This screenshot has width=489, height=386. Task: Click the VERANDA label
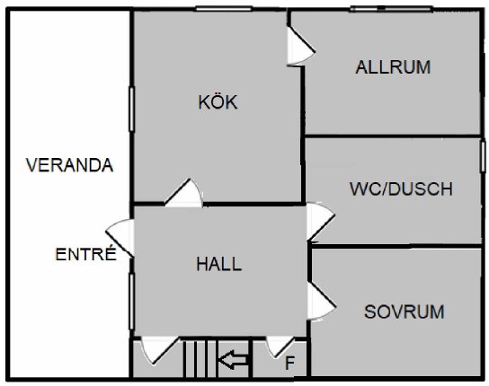[x=69, y=165]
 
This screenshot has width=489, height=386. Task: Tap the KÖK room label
[x=218, y=101]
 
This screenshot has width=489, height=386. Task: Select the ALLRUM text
[x=393, y=67]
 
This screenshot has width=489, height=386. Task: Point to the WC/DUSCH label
[x=401, y=189]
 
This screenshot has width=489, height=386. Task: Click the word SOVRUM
[x=405, y=311]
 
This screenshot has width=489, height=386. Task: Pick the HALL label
[x=219, y=264]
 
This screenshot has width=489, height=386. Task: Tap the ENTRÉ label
[x=85, y=254]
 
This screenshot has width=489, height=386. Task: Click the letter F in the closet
[x=289, y=363]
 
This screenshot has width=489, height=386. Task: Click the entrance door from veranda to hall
[x=121, y=238]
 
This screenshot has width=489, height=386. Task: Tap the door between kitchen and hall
[x=184, y=193]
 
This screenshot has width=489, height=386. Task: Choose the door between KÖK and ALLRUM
[x=300, y=46]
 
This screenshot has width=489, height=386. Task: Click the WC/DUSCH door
[x=321, y=222]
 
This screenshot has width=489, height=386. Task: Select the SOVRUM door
[x=321, y=301]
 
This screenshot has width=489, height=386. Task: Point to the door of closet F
[x=280, y=347]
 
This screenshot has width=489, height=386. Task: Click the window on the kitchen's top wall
[x=224, y=8]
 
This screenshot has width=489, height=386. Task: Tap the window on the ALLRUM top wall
[x=392, y=8]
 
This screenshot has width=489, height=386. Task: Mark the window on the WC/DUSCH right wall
[x=483, y=157]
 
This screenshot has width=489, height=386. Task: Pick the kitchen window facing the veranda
[x=131, y=110]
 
